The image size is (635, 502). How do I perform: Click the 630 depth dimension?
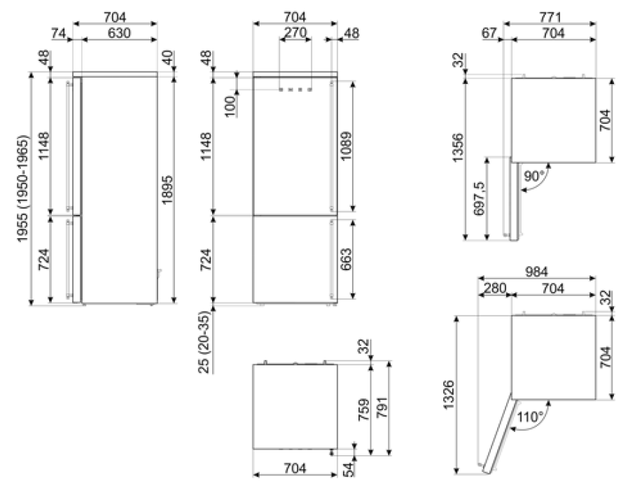(119, 33)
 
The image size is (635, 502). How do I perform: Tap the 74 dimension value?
(59, 33)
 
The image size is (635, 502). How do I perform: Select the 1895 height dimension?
(167, 190)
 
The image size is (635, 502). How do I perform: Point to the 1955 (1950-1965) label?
(22, 188)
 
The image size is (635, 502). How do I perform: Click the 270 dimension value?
(295, 32)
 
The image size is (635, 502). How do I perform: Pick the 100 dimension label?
(230, 106)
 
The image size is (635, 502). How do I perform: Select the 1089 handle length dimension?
(346, 146)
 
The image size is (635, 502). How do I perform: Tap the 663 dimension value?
(346, 260)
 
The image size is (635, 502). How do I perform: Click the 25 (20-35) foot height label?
(205, 342)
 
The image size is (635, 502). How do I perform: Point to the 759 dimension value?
(364, 410)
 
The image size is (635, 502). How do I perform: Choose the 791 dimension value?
(382, 407)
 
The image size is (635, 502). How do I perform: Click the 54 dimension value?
(348, 469)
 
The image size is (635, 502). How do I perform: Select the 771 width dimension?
(550, 18)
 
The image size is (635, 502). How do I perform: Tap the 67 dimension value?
(489, 33)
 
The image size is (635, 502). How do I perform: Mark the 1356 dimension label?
(458, 148)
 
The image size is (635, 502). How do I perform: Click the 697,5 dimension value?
(479, 199)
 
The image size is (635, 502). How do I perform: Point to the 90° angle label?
(533, 176)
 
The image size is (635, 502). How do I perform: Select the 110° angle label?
(530, 417)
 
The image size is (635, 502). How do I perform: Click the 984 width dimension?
(536, 272)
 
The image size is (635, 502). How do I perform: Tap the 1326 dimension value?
(449, 395)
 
